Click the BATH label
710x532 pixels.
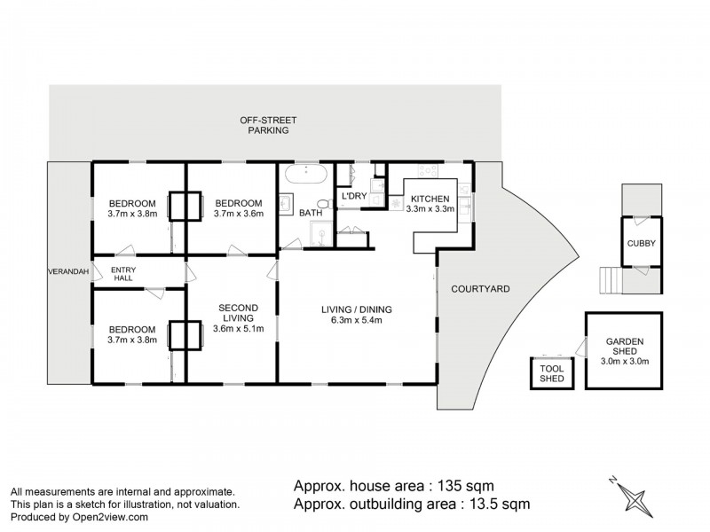(x=310, y=213)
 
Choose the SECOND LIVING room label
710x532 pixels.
(x=237, y=312)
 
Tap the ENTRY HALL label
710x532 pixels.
(x=122, y=274)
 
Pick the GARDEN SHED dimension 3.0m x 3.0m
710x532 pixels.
(x=624, y=360)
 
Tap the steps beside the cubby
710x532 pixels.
(x=609, y=282)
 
